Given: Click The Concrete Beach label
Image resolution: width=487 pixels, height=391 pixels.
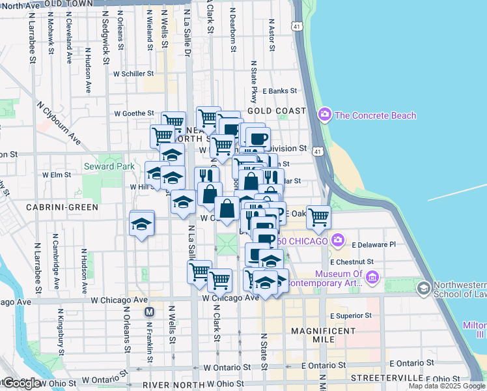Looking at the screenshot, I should point(375,115).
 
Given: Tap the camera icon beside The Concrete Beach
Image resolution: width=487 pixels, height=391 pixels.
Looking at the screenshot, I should point(324,115).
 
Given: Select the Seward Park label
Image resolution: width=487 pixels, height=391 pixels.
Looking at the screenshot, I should point(109,166).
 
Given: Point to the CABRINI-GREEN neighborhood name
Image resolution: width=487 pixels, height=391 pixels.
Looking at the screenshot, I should point(62,207).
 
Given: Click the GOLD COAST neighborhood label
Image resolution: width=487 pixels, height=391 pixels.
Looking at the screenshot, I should point(277,111).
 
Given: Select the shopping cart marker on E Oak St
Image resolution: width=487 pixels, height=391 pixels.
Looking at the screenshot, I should point(318,216).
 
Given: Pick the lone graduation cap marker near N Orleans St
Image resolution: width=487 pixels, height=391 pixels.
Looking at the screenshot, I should point(141,223).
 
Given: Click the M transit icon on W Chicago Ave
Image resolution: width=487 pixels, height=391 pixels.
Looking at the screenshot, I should point(149,311).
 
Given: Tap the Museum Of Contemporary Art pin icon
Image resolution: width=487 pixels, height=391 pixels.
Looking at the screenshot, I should point(372,278).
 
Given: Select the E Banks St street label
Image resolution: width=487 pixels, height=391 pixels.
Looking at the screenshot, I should point(281,91).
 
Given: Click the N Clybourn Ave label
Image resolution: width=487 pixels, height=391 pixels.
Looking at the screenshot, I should point(59,123).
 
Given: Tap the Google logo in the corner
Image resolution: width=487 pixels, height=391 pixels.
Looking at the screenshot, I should point(21,383).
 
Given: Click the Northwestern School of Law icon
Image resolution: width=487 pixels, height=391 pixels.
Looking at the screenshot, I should point(424,287).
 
